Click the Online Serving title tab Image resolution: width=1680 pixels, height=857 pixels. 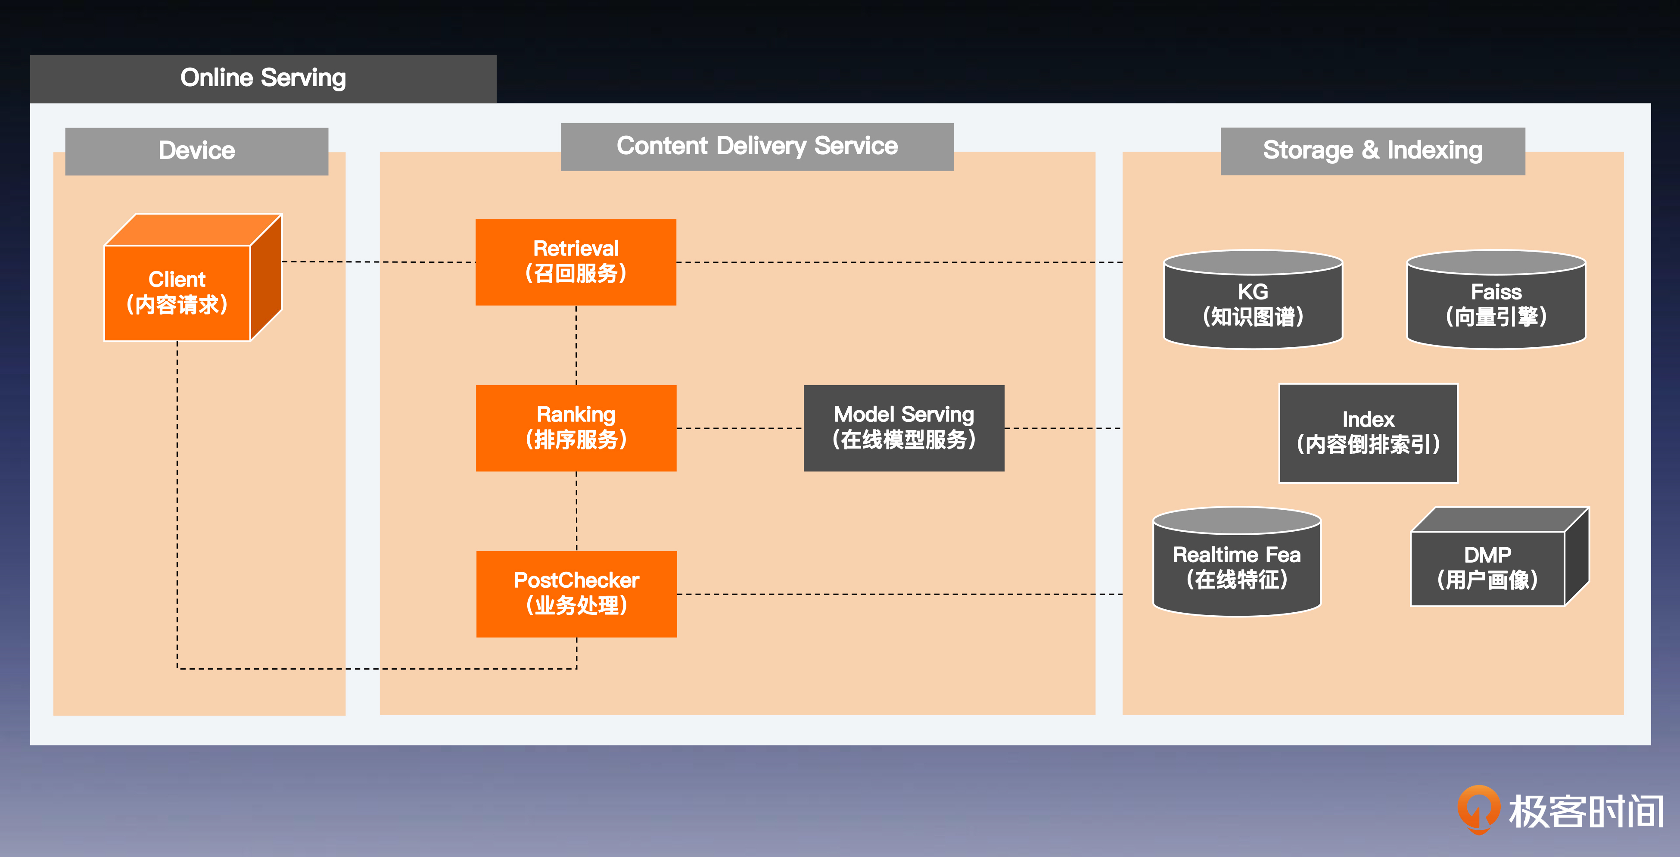(263, 78)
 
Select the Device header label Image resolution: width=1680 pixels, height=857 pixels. (196, 151)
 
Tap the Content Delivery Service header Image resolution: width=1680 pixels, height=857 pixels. (756, 146)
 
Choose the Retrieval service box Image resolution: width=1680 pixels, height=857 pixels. (576, 262)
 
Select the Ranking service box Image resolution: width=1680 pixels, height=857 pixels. (576, 428)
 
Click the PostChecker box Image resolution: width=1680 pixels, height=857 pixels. (576, 593)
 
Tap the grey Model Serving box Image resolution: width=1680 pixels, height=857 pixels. (904, 428)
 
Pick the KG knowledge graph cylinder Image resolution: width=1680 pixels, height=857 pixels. (1253, 304)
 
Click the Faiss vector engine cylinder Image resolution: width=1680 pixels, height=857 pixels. (1496, 304)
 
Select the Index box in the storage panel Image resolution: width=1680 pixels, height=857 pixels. (1368, 433)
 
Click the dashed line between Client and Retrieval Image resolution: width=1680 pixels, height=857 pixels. (378, 262)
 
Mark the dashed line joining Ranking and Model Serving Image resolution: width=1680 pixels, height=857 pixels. (740, 428)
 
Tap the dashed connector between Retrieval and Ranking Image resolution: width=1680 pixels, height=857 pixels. (576, 345)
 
